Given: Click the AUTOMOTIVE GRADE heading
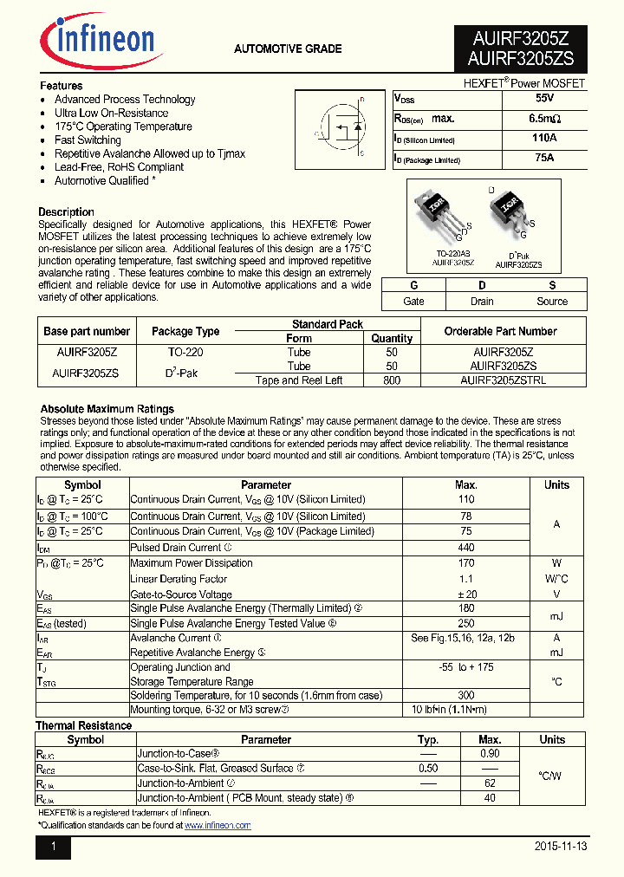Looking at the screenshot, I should coord(288,49).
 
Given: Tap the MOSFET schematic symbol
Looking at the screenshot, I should coord(341,128).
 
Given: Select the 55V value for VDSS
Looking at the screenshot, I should coord(544,99).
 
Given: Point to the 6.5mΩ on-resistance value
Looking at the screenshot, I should coord(544,119).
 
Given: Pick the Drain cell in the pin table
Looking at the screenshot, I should coord(482,302).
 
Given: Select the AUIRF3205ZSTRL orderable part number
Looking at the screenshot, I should coord(503,380).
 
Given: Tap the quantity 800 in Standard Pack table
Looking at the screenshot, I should coord(392,380).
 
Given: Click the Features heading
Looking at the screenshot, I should coord(62,86).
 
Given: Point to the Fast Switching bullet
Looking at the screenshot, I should coord(88,140).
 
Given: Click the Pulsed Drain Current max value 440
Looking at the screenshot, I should coord(465,548).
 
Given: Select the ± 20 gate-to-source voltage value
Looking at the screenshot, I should coord(465,594).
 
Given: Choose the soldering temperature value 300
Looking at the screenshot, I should coord(465,696).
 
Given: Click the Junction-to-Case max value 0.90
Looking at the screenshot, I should coord(490,754).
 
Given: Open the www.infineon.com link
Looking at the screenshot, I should coord(218,826).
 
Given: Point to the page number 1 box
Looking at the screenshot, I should coord(53,847).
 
